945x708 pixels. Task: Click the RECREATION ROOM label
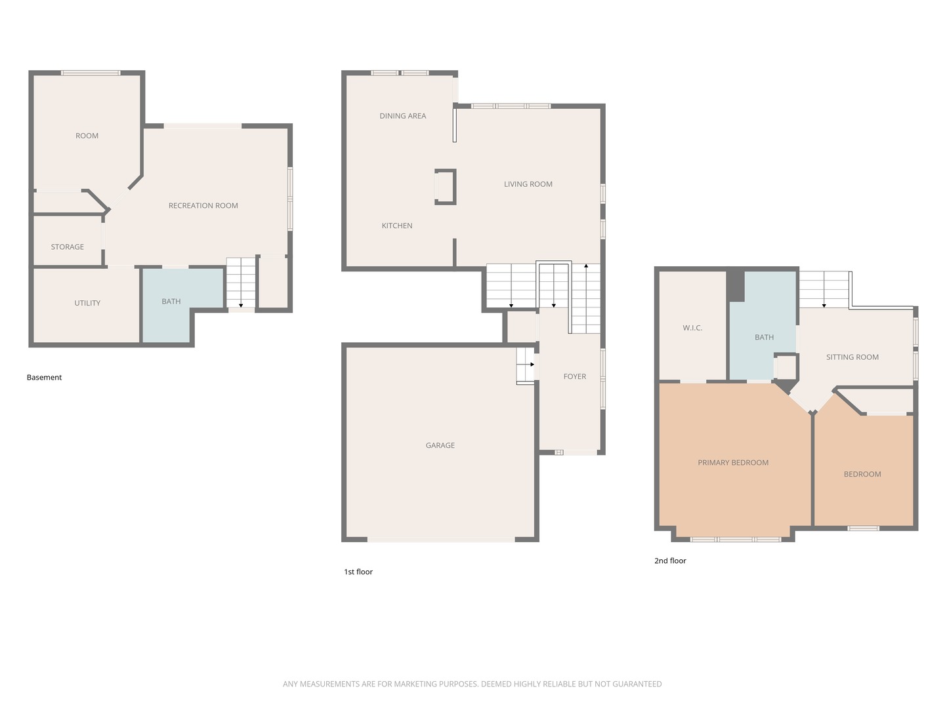pyautogui.click(x=203, y=205)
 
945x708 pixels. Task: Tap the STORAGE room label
pyautogui.click(x=67, y=246)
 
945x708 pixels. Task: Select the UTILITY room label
pyautogui.click(x=87, y=303)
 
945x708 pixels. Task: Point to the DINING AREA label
pyautogui.click(x=402, y=115)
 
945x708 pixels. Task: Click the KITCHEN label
pyautogui.click(x=397, y=226)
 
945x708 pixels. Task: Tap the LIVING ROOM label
pyautogui.click(x=528, y=184)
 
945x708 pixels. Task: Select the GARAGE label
pyautogui.click(x=440, y=445)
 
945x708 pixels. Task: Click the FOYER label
pyautogui.click(x=575, y=376)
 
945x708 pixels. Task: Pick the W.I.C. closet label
pyautogui.click(x=692, y=328)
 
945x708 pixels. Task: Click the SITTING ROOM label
pyautogui.click(x=852, y=357)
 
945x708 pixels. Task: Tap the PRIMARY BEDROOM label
pyautogui.click(x=733, y=463)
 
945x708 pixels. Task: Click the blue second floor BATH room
pyautogui.click(x=762, y=326)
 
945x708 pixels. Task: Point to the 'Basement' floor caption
pyautogui.click(x=45, y=378)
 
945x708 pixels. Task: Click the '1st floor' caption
pyautogui.click(x=358, y=572)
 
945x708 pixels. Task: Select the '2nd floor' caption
pyautogui.click(x=670, y=560)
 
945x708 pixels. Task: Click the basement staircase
pyautogui.click(x=241, y=283)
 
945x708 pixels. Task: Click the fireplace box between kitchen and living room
pyautogui.click(x=445, y=187)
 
